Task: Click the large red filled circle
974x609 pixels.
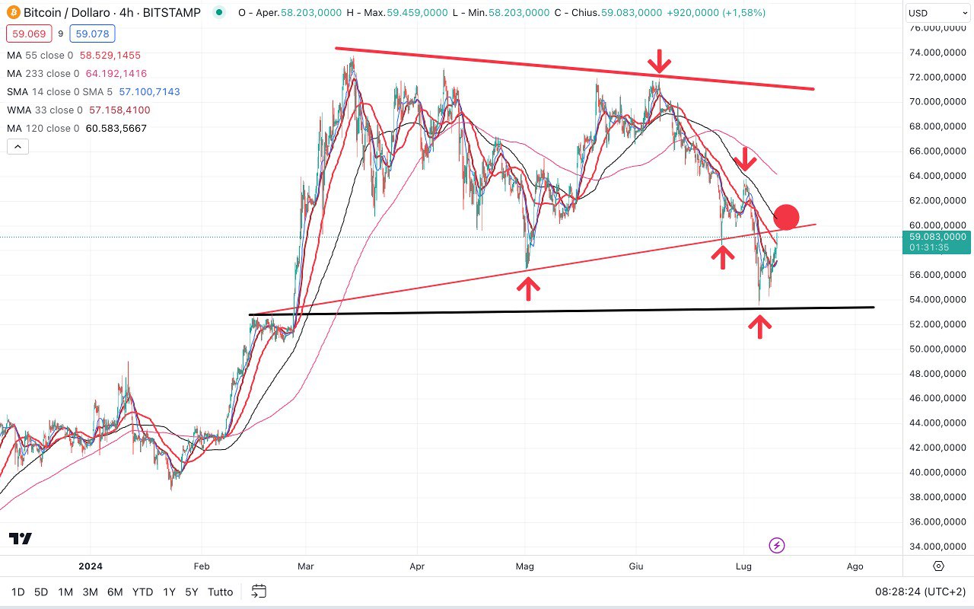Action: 786,217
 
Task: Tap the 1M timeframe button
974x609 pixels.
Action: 65,591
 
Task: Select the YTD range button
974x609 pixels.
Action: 142,591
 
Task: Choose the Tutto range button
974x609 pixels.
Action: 221,591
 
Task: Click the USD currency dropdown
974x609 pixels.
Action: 937,13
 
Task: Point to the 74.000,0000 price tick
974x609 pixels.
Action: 938,53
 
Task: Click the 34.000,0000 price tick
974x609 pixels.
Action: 938,546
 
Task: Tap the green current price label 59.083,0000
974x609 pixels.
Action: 938,237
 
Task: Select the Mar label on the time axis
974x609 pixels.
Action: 305,566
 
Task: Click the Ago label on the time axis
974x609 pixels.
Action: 855,566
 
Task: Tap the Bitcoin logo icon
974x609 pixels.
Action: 12,13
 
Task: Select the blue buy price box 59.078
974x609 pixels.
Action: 91,33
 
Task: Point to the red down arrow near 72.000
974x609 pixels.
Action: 660,62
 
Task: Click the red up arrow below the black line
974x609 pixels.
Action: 759,326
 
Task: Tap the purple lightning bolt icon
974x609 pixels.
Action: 777,545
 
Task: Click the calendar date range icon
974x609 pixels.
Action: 259,591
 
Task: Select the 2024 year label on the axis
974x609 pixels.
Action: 90,566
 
